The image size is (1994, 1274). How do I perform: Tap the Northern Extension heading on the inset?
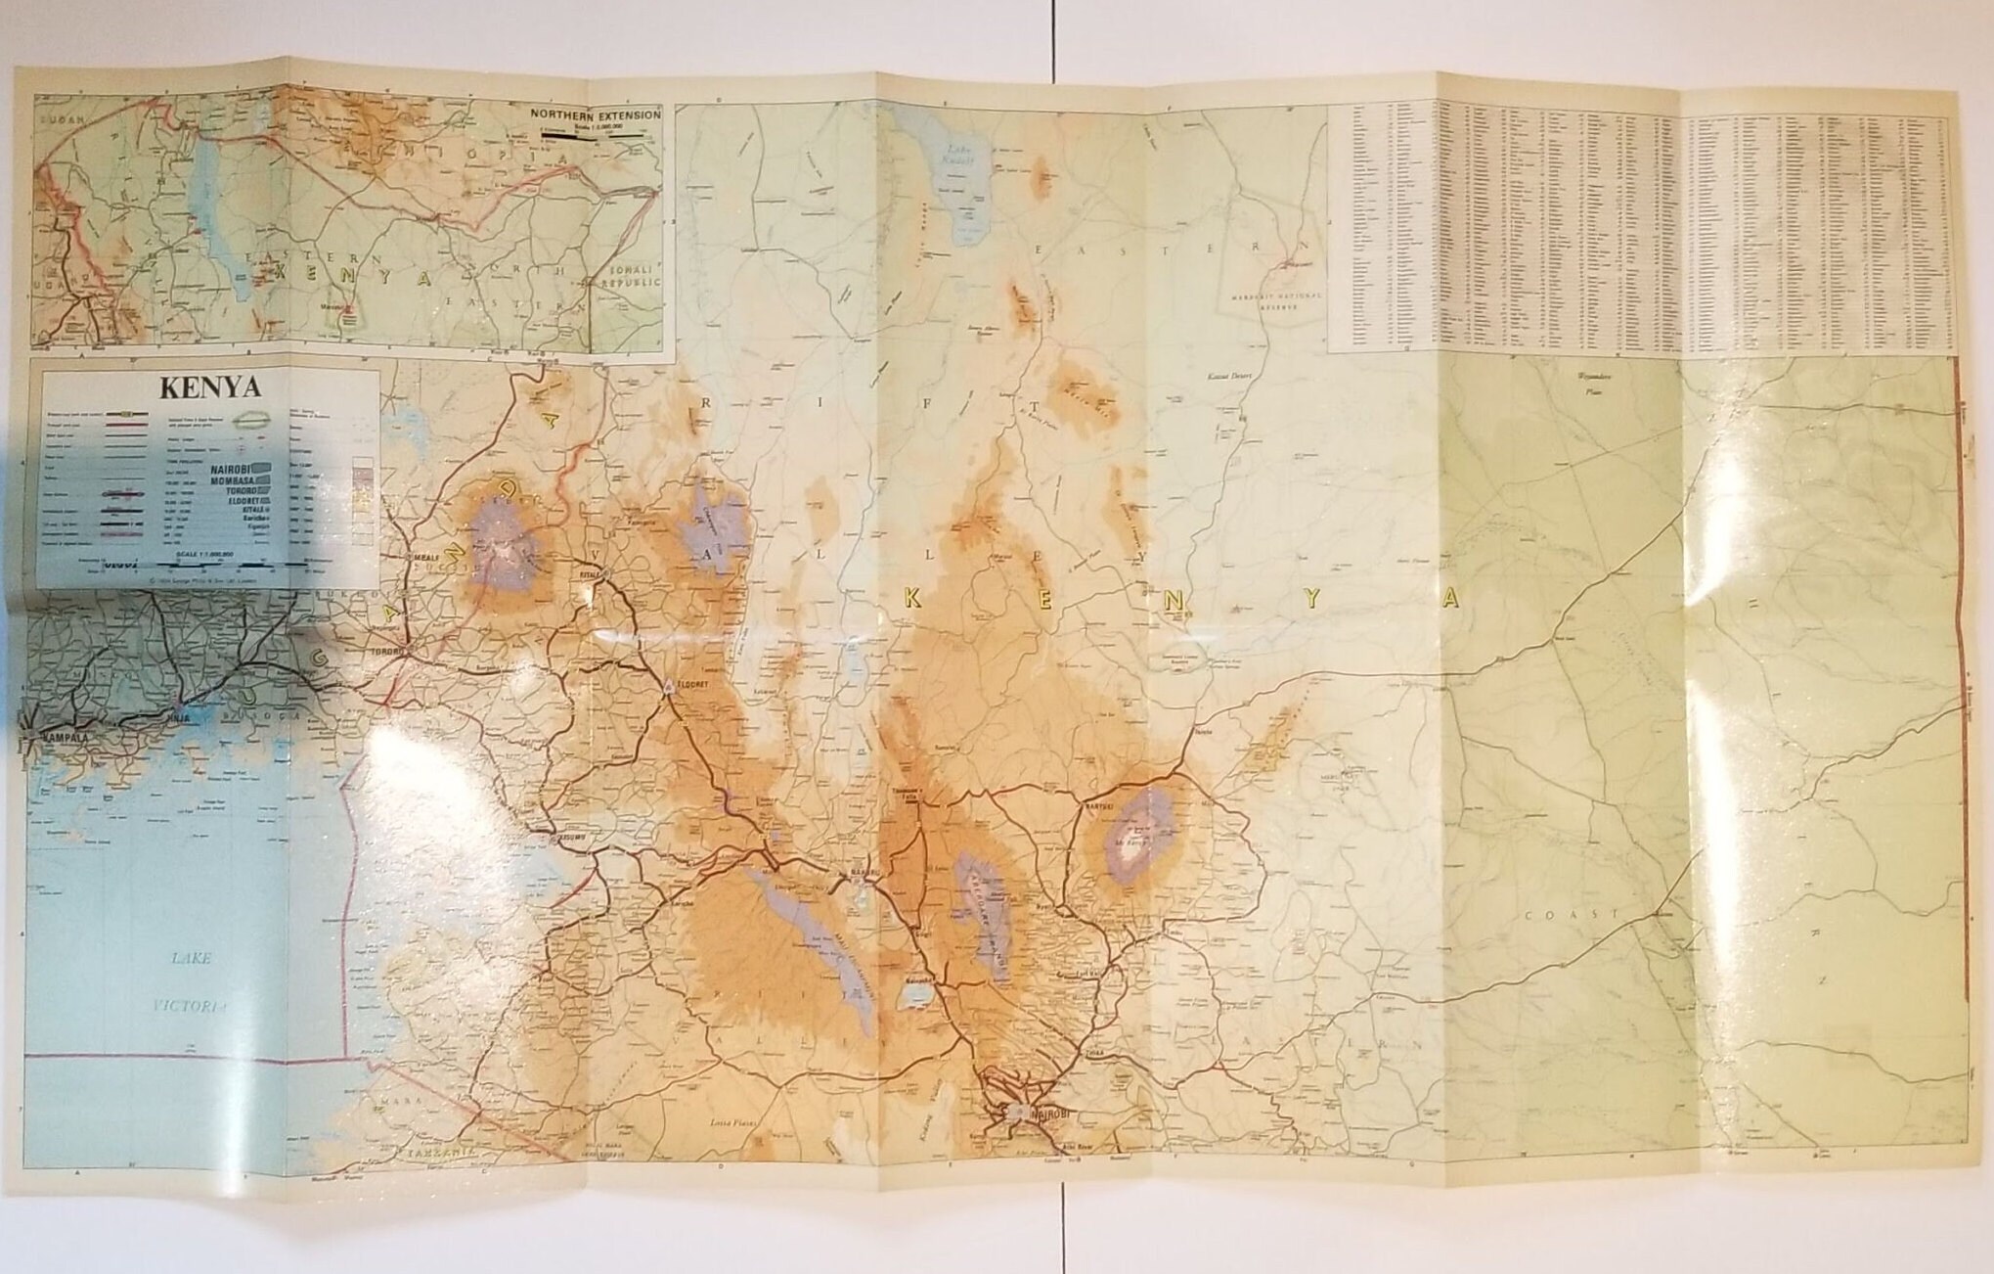[x=596, y=114]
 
